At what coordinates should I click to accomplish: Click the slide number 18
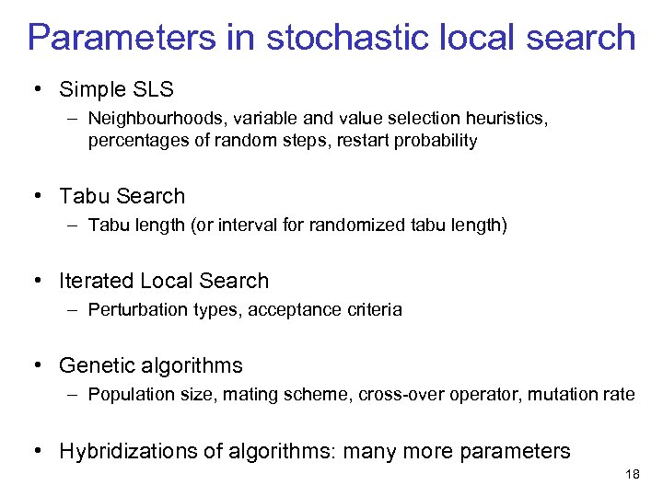pyautogui.click(x=632, y=474)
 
